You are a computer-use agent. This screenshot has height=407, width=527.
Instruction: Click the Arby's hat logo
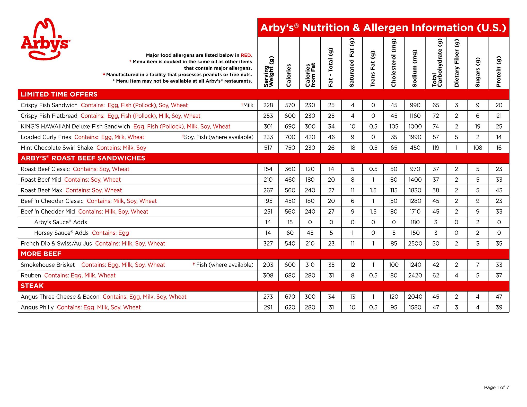tap(45, 39)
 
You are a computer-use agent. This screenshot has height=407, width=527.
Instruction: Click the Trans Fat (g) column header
tap(373, 68)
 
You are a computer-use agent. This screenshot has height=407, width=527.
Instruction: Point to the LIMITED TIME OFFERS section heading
tap(59, 94)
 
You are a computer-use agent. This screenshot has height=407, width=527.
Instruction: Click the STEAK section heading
tap(32, 286)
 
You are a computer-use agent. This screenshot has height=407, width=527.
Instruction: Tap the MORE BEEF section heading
tap(41, 254)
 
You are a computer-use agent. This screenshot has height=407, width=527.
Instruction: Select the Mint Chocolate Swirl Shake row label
tap(57, 148)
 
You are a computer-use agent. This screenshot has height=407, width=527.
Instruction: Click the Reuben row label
tap(31, 275)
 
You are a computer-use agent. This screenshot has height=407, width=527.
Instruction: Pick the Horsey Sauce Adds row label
tap(61, 233)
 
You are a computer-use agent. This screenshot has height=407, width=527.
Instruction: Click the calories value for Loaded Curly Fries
tap(290, 137)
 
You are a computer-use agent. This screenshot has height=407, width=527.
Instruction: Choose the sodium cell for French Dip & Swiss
tap(415, 243)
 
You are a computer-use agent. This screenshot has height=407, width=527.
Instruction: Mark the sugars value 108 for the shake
tap(478, 148)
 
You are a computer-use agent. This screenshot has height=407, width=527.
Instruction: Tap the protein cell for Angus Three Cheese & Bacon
tap(499, 297)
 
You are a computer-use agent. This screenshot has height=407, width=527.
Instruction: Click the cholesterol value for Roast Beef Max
tap(394, 190)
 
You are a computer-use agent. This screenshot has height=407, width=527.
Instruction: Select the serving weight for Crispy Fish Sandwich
tap(268, 105)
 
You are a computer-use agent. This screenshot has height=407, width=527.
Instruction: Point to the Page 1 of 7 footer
tap(496, 387)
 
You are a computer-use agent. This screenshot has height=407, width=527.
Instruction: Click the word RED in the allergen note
tap(246, 55)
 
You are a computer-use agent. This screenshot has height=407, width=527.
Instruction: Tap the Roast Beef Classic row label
tap(45, 169)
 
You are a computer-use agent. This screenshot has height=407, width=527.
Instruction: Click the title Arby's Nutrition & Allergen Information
tap(383, 28)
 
